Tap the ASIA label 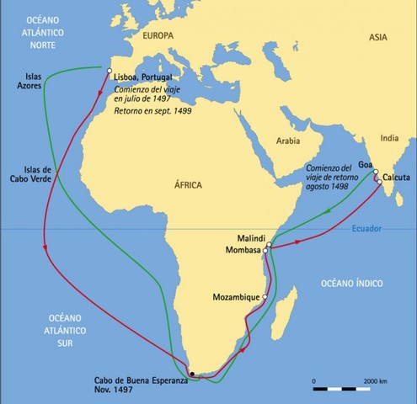coord(380,36)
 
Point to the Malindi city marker coord(269,244)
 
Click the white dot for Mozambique coord(265,297)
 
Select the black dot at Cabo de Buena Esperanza coord(192,373)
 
